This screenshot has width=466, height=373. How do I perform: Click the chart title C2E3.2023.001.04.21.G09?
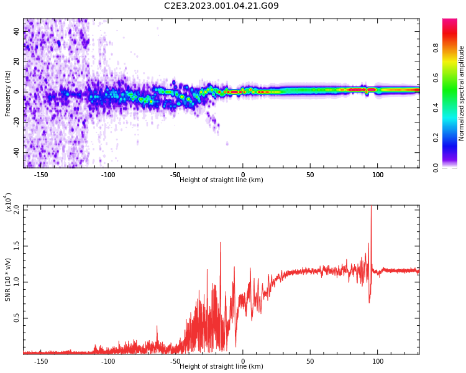(x=221, y=6)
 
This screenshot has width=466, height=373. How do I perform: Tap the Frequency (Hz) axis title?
(x=8, y=93)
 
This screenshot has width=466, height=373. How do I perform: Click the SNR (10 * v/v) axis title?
(x=8, y=280)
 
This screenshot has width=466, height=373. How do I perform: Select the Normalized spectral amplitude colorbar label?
(x=462, y=93)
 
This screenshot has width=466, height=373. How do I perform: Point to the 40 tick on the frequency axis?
(x=16, y=31)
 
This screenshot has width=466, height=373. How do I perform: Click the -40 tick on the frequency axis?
(x=15, y=153)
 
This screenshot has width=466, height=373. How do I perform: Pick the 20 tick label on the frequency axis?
(x=16, y=62)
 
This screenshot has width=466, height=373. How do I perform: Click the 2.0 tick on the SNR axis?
(x=16, y=210)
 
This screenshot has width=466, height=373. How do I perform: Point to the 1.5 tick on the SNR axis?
(x=16, y=246)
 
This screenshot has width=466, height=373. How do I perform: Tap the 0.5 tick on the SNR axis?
(x=16, y=318)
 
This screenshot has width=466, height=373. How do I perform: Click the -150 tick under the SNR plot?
(x=41, y=361)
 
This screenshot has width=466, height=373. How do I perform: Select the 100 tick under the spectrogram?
(x=378, y=175)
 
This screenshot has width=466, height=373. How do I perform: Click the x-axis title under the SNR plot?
(x=221, y=367)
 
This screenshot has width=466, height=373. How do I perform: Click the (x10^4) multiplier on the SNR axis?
(x=9, y=203)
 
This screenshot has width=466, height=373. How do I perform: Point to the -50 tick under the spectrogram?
(x=175, y=175)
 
